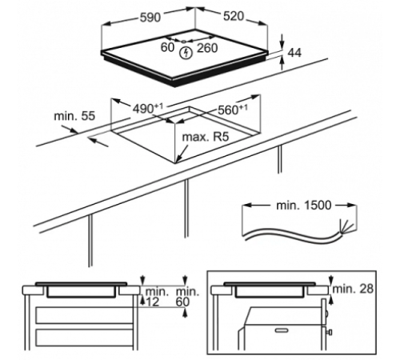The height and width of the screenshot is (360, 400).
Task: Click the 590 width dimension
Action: (x=150, y=18)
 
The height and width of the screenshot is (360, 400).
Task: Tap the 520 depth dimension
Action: (x=234, y=16)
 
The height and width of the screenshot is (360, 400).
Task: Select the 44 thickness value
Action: (x=294, y=53)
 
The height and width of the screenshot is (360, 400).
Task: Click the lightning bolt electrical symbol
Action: (x=186, y=53)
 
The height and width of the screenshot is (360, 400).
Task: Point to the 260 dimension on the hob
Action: (x=207, y=48)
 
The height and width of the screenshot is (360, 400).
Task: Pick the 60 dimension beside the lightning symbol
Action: (x=167, y=47)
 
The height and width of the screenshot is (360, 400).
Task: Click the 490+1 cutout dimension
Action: (x=148, y=108)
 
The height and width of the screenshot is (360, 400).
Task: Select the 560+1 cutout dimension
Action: (x=233, y=110)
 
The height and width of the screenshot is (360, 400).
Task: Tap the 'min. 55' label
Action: (x=74, y=116)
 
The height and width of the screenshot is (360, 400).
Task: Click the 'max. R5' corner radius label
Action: (x=206, y=137)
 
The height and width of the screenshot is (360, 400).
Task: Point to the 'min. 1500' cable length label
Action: (x=304, y=206)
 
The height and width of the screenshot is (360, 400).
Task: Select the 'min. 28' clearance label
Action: (x=353, y=289)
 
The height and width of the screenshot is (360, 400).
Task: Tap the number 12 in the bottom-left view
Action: (x=153, y=302)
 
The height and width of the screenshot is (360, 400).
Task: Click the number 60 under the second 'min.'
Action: (x=182, y=302)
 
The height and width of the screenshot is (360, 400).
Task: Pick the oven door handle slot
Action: (x=282, y=330)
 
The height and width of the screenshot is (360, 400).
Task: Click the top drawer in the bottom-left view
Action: (x=85, y=315)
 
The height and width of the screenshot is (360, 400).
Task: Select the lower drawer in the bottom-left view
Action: (x=85, y=337)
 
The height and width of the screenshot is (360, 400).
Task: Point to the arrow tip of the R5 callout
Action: (x=176, y=162)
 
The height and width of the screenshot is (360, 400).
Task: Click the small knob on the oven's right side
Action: (x=330, y=333)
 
